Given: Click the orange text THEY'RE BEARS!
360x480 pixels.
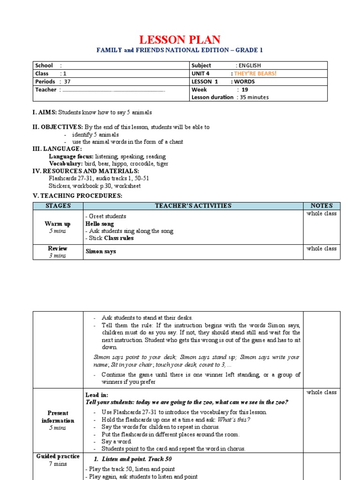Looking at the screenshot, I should [255, 74].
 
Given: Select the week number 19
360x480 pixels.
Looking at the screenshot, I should [245, 89].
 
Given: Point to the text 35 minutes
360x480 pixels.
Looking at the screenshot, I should [254, 97].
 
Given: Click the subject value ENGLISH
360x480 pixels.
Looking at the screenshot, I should [249, 66].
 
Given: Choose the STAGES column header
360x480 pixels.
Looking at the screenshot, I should [58, 205].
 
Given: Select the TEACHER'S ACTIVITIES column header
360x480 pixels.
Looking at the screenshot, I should [193, 205].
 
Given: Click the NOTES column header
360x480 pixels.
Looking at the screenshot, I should [322, 205].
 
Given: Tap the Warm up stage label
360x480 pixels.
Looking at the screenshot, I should [58, 224].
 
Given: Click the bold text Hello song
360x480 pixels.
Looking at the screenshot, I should [99, 224].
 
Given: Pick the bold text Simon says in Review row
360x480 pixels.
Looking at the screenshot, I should [100, 251].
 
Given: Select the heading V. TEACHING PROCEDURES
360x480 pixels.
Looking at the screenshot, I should [77, 195].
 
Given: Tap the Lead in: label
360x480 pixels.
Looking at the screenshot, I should [97, 395].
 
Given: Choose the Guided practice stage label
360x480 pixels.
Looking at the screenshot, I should [58, 456].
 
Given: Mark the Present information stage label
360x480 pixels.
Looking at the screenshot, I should [58, 417].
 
